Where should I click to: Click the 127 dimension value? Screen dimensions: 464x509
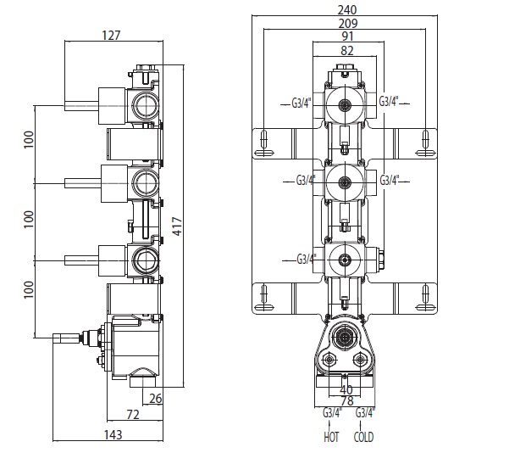pos(111,36)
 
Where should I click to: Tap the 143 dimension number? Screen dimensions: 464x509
pos(113,435)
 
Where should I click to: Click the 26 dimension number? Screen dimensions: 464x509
pos(155,398)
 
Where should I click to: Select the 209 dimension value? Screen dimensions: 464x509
pos(346,25)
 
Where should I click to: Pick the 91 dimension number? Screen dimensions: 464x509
pos(346,36)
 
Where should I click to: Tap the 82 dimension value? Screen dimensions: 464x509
pos(346,50)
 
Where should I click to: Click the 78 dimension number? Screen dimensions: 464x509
pos(346,401)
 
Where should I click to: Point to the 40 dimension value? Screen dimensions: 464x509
pos(346,389)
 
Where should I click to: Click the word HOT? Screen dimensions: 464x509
pos(331,438)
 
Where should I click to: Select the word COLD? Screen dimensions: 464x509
pos(365,438)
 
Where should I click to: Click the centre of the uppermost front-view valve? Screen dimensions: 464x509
pos(345,105)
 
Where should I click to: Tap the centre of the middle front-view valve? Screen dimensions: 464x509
pos(345,180)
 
